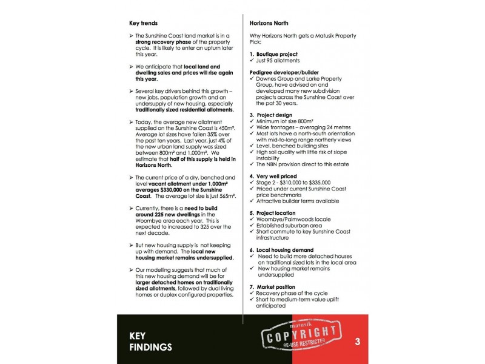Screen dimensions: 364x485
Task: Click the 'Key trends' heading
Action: (x=143, y=23)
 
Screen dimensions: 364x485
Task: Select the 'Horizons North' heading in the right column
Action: (x=271, y=23)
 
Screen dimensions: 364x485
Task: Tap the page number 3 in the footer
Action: (x=358, y=342)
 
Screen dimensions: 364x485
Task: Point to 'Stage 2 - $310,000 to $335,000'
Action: (x=293, y=183)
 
